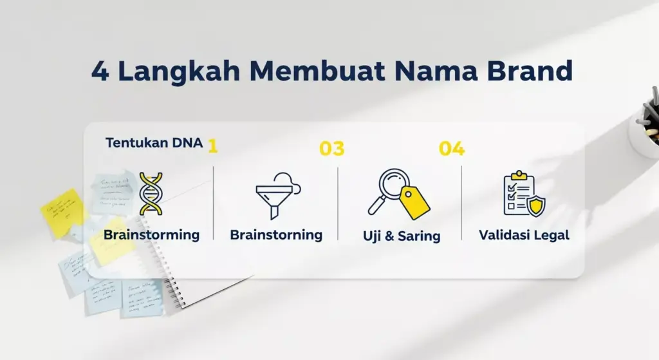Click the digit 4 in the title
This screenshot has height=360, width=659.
[100, 71]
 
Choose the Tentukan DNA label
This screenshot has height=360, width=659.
[154, 143]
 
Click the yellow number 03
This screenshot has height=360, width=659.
[332, 149]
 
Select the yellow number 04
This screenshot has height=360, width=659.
[452, 149]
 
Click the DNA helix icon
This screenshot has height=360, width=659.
[151, 193]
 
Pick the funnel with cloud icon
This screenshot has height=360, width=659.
[275, 194]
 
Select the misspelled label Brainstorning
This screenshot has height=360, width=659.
[276, 234]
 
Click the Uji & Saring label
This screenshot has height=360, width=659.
[402, 236]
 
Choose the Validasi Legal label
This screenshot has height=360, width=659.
[524, 235]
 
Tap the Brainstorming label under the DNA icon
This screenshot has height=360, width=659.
[151, 234]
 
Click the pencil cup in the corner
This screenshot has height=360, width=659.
[645, 129]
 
